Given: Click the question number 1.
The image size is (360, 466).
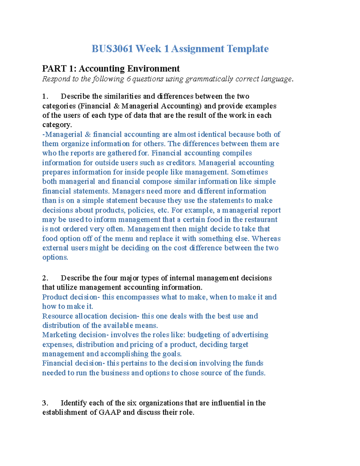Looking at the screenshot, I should [45, 96].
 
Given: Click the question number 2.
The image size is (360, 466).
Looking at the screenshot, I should [45, 278].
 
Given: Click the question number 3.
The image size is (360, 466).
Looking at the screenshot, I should [45, 403].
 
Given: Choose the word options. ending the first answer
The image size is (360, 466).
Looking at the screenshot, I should [55, 257].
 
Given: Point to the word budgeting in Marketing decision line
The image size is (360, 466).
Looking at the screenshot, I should [204, 335].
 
